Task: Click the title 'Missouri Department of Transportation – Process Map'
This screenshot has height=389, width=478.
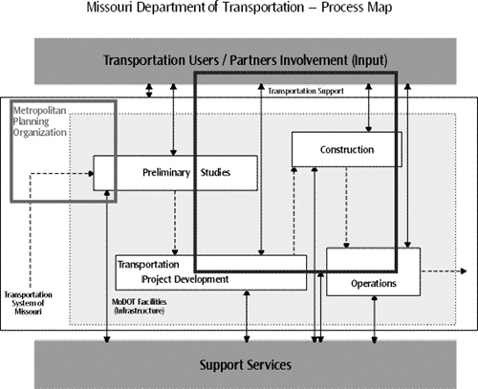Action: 239,12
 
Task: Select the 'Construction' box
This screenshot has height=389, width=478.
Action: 346,150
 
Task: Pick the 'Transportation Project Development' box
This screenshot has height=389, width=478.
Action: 210,271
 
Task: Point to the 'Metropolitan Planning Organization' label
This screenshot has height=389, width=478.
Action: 40,122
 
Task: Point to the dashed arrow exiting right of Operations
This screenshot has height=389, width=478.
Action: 443,271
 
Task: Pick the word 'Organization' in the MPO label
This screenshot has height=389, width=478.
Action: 40,133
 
